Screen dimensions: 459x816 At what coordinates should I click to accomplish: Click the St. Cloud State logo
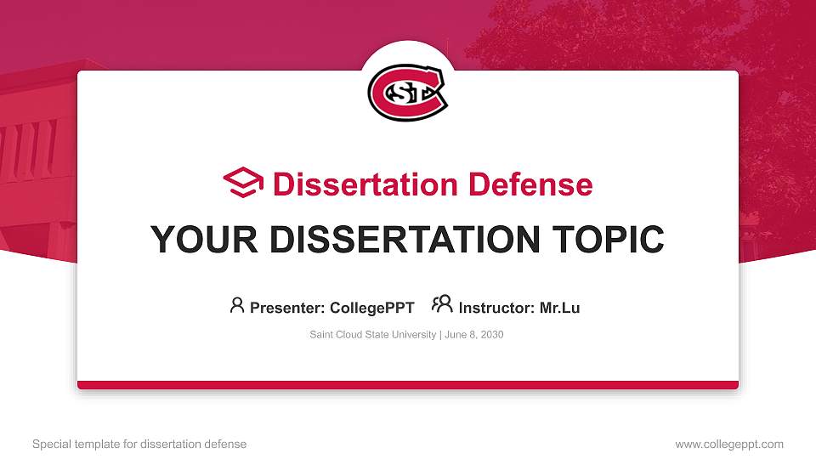pos(407,91)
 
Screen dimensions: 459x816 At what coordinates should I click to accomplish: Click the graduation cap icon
pos(244,184)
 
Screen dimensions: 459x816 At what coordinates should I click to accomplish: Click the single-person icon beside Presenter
pos(237,305)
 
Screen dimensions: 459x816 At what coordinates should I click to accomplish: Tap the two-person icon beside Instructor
pos(442,305)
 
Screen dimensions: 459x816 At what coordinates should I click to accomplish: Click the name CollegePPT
pos(372,308)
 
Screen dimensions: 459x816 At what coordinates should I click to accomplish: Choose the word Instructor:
pos(496,308)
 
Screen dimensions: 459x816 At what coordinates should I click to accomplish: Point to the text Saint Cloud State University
pos(372,335)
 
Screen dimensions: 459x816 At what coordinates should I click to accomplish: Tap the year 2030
pos(491,335)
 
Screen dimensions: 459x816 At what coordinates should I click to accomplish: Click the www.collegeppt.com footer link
pos(729,444)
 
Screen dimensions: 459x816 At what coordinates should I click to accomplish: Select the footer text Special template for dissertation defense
pos(139,444)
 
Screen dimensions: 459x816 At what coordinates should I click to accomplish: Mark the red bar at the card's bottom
pos(408,385)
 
